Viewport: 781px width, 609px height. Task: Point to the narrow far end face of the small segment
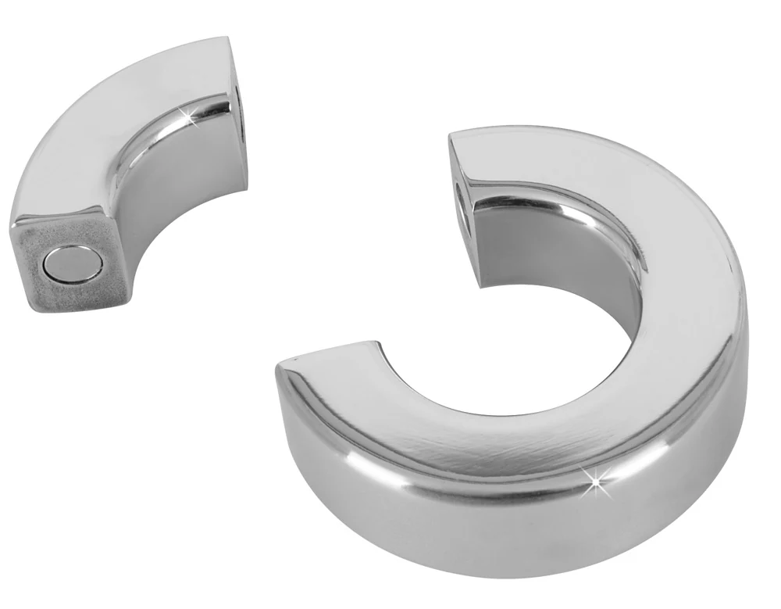[238, 102]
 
